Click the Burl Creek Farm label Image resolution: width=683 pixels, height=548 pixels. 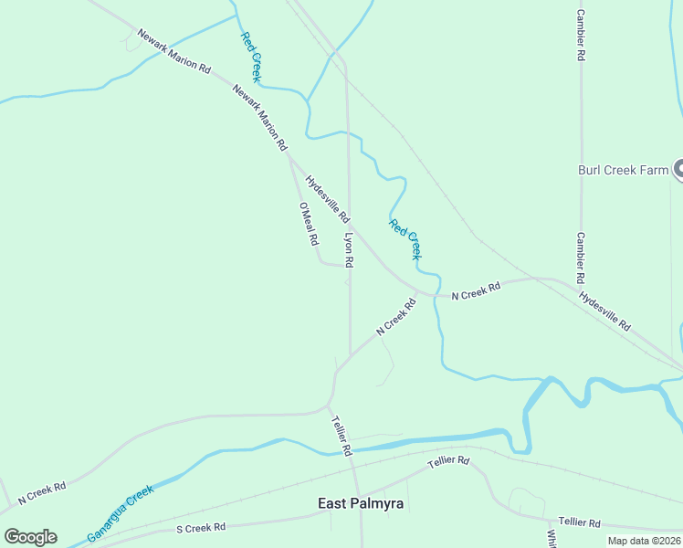624,170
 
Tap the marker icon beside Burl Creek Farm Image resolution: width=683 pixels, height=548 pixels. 678,169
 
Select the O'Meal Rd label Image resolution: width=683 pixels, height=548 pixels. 308,224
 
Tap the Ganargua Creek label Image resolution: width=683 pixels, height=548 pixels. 120,512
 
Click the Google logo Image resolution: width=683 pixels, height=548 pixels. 30,537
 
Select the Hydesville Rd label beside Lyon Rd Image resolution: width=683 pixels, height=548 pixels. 327,199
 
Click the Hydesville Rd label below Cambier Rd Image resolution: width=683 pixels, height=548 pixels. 604,311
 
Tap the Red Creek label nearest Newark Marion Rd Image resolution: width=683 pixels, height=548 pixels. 252,57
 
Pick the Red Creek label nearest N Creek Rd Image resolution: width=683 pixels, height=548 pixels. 405,239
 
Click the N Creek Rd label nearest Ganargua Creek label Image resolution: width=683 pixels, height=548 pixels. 42,490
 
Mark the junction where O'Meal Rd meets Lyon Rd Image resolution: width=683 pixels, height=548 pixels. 349,266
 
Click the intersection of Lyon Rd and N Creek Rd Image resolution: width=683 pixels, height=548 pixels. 350,354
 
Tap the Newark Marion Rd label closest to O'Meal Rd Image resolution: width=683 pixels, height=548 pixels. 260,117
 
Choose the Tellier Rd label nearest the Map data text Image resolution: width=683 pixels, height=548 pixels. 579,522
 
